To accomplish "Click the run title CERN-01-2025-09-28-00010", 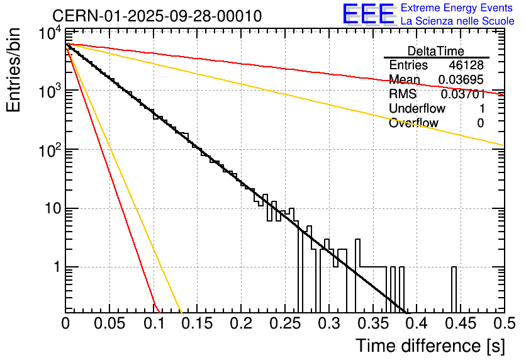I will click(x=157, y=16).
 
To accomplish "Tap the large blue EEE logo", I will click(x=368, y=15).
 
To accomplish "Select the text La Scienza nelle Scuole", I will click(x=457, y=21).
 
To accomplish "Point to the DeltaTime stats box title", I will click(x=436, y=51).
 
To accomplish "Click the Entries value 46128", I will click(x=466, y=65).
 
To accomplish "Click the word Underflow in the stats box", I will click(x=417, y=109).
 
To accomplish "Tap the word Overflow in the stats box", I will click(x=413, y=123).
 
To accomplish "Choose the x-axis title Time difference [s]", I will click(x=429, y=346).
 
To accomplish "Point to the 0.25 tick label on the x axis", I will click(x=284, y=323).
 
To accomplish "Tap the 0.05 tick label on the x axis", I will click(x=109, y=323).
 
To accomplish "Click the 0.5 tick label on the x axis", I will click(x=503, y=323).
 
